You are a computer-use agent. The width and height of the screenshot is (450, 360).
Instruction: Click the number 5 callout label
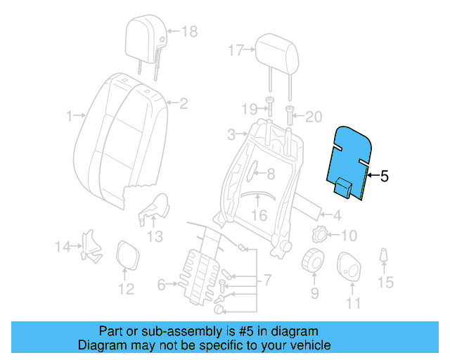(x=384, y=177)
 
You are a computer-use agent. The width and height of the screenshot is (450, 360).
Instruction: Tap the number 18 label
(x=190, y=31)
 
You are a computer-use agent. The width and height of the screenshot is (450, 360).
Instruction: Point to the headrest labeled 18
(x=146, y=36)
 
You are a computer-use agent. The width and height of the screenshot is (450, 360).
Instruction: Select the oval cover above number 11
(x=350, y=267)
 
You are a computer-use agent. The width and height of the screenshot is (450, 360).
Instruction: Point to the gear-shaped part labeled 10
(x=321, y=235)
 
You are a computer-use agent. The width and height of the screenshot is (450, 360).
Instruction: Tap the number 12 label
(x=125, y=289)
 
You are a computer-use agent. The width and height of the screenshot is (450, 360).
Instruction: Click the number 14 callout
(x=63, y=246)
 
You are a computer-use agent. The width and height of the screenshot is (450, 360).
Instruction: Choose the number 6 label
(x=161, y=285)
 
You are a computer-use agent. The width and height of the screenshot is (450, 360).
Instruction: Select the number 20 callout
(x=313, y=117)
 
